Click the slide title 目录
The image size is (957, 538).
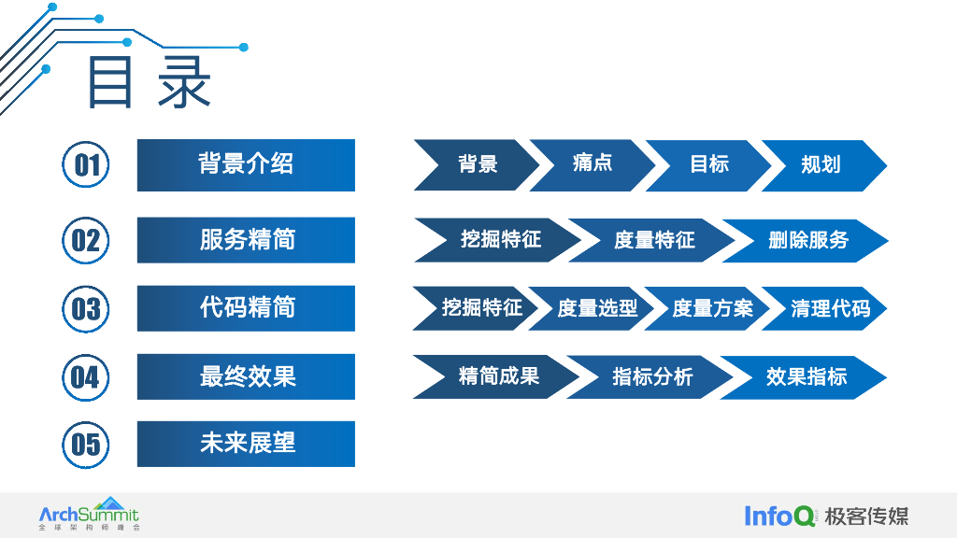150,83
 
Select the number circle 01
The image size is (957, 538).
86,165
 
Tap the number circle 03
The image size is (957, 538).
86,309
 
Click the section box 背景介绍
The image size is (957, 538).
246,165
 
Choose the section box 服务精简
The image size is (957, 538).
246,240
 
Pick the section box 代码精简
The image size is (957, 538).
246,308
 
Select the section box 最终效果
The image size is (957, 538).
246,376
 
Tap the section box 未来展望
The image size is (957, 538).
246,444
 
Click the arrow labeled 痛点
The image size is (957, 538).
593,165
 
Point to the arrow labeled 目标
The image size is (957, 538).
708,165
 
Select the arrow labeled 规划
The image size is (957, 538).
821,165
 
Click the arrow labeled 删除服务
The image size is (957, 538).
807,241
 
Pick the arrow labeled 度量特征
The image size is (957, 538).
653,241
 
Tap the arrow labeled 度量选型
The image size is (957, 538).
597,309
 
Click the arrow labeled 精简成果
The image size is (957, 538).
498,377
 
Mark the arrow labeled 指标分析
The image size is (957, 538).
651,377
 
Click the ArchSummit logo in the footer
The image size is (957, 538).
89,515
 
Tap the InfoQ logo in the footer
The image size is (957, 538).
780,516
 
